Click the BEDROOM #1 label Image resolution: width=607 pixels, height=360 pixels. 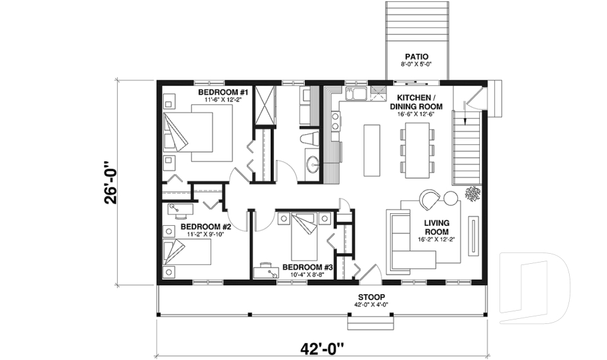[225, 93]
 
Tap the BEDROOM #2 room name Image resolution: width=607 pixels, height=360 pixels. [206, 227]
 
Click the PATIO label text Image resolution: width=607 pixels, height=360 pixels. [417, 57]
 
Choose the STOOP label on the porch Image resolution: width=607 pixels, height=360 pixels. [371, 297]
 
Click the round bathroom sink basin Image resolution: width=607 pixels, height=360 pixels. [312, 166]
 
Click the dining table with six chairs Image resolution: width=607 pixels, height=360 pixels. [417, 151]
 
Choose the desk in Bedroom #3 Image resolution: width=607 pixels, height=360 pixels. [268, 271]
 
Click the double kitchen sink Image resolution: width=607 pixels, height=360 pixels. [355, 95]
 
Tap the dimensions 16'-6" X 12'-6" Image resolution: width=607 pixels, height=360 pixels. [419, 115]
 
